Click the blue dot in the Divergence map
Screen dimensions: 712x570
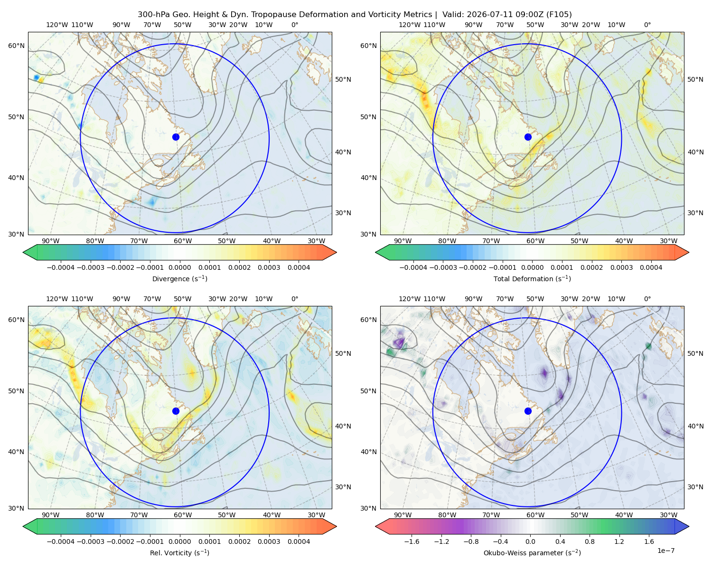click(x=176, y=137)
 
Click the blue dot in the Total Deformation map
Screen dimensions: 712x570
click(x=528, y=137)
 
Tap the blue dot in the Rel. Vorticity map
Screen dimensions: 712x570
click(x=176, y=411)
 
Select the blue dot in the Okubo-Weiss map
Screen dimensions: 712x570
click(x=528, y=411)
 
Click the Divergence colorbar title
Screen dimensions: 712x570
click(x=179, y=279)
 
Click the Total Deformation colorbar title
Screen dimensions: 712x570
click(x=532, y=279)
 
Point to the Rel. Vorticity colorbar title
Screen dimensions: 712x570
click(x=179, y=553)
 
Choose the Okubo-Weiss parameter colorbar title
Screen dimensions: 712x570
click(x=532, y=553)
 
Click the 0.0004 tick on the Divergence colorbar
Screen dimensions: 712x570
click(x=299, y=267)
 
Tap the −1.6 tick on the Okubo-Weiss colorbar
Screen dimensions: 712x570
click(x=412, y=541)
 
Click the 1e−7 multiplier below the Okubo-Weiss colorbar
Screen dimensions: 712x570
click(x=665, y=551)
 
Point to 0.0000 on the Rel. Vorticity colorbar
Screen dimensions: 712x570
click(x=179, y=541)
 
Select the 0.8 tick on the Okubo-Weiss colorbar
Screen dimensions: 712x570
click(x=590, y=541)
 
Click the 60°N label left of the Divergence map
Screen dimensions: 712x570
click(x=16, y=46)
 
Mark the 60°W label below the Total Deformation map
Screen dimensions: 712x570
click(x=535, y=241)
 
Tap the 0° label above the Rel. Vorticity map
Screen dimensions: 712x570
click(x=294, y=299)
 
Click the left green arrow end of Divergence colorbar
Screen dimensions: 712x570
click(x=30, y=252)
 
